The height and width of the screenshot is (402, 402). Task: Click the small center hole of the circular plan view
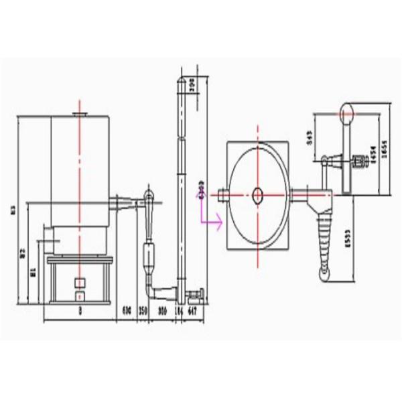pos(258,195)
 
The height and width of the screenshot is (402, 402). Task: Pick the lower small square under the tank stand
pos(79,295)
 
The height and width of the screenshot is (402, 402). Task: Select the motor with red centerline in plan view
pos(356,161)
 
